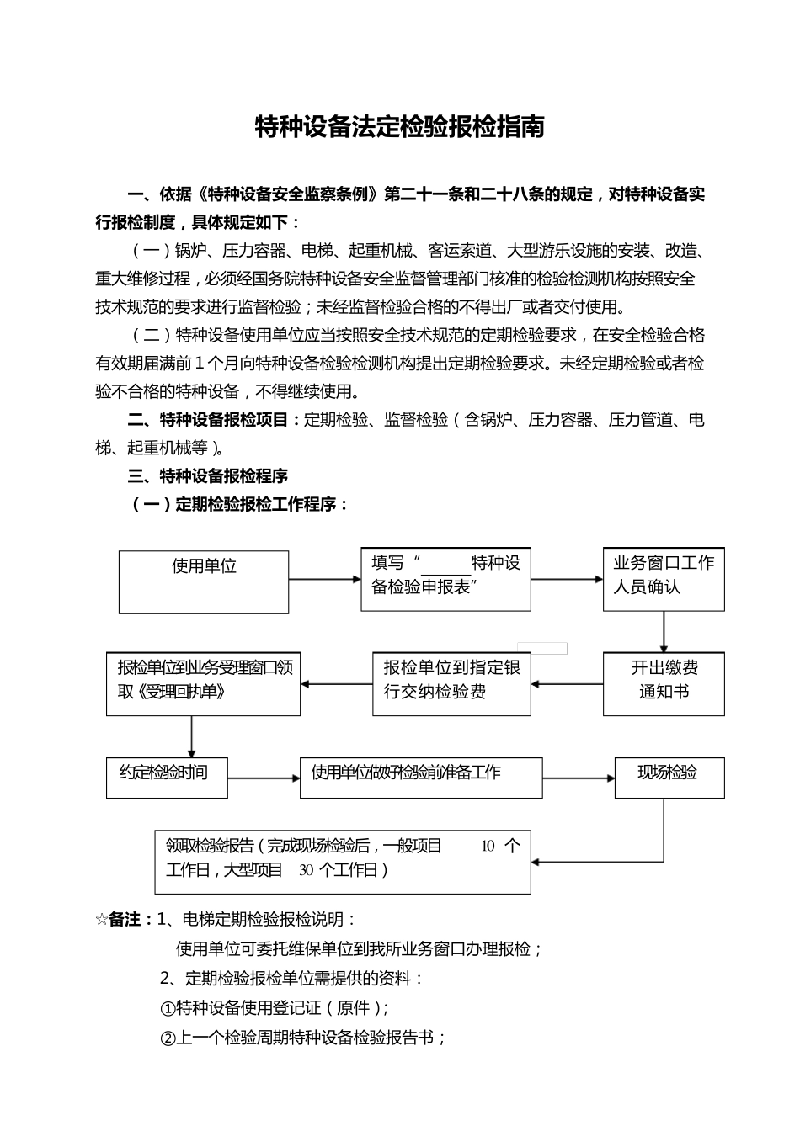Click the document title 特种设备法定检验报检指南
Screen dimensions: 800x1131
[399, 127]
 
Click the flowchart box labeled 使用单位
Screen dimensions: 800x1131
[204, 581]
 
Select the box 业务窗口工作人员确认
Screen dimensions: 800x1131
[664, 578]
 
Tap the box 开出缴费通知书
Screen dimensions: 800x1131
[664, 684]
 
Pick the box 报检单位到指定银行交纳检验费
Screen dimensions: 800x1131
[451, 683]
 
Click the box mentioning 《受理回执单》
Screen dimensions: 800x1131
[203, 683]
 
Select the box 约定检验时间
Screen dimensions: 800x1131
[167, 777]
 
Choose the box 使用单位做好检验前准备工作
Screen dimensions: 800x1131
[421, 777]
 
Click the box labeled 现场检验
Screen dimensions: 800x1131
[669, 777]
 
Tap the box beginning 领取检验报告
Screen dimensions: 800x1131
[343, 862]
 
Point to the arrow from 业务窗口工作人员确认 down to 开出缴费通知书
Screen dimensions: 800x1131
[664, 631]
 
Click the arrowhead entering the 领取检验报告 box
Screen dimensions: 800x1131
[536, 862]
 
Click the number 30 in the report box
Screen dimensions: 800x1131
[306, 870]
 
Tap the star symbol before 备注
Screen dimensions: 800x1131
[101, 920]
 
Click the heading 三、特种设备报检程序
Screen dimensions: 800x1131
[207, 476]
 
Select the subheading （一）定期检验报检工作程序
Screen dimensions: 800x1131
[238, 505]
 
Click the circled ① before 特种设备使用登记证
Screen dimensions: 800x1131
[167, 1008]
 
